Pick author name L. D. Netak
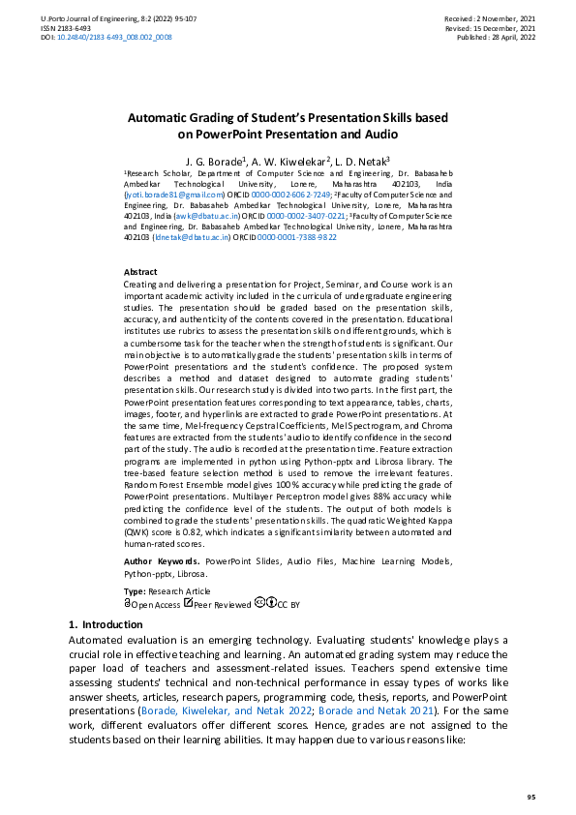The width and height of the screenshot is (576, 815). (362, 160)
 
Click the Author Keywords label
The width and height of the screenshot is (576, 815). (162, 560)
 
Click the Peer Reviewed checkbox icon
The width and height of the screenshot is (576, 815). (189, 603)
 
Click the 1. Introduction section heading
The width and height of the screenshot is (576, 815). (106, 625)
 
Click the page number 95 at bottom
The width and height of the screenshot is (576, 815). (531, 796)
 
